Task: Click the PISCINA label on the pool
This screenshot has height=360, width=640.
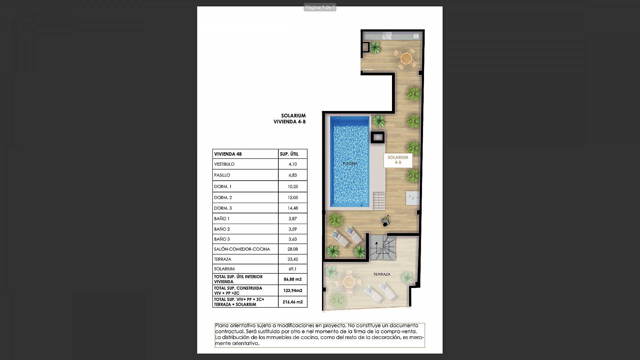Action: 350,163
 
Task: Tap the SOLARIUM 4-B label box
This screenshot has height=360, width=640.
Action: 398,160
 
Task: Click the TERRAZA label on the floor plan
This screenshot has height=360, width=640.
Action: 382,274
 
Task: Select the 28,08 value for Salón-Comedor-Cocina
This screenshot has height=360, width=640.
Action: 293,249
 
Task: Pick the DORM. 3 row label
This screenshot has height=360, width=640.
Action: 223,208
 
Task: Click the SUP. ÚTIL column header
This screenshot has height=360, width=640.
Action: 289,154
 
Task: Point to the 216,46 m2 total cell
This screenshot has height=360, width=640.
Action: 293,302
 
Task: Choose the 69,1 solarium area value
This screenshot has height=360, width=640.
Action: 293,269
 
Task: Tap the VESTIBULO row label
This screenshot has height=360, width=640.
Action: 224,164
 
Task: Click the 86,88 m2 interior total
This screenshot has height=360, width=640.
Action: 293,279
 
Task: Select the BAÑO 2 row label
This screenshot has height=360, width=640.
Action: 222,229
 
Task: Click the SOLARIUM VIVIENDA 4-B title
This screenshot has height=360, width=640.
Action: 290,119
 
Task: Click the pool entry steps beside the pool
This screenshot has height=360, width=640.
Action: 379,201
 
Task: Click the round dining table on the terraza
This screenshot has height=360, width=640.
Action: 349,282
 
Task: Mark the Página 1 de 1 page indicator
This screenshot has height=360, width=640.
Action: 320,7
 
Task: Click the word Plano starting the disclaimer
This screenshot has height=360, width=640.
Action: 222,325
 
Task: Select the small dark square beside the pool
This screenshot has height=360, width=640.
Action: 378,137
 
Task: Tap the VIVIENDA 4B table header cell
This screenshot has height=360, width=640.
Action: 228,154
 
